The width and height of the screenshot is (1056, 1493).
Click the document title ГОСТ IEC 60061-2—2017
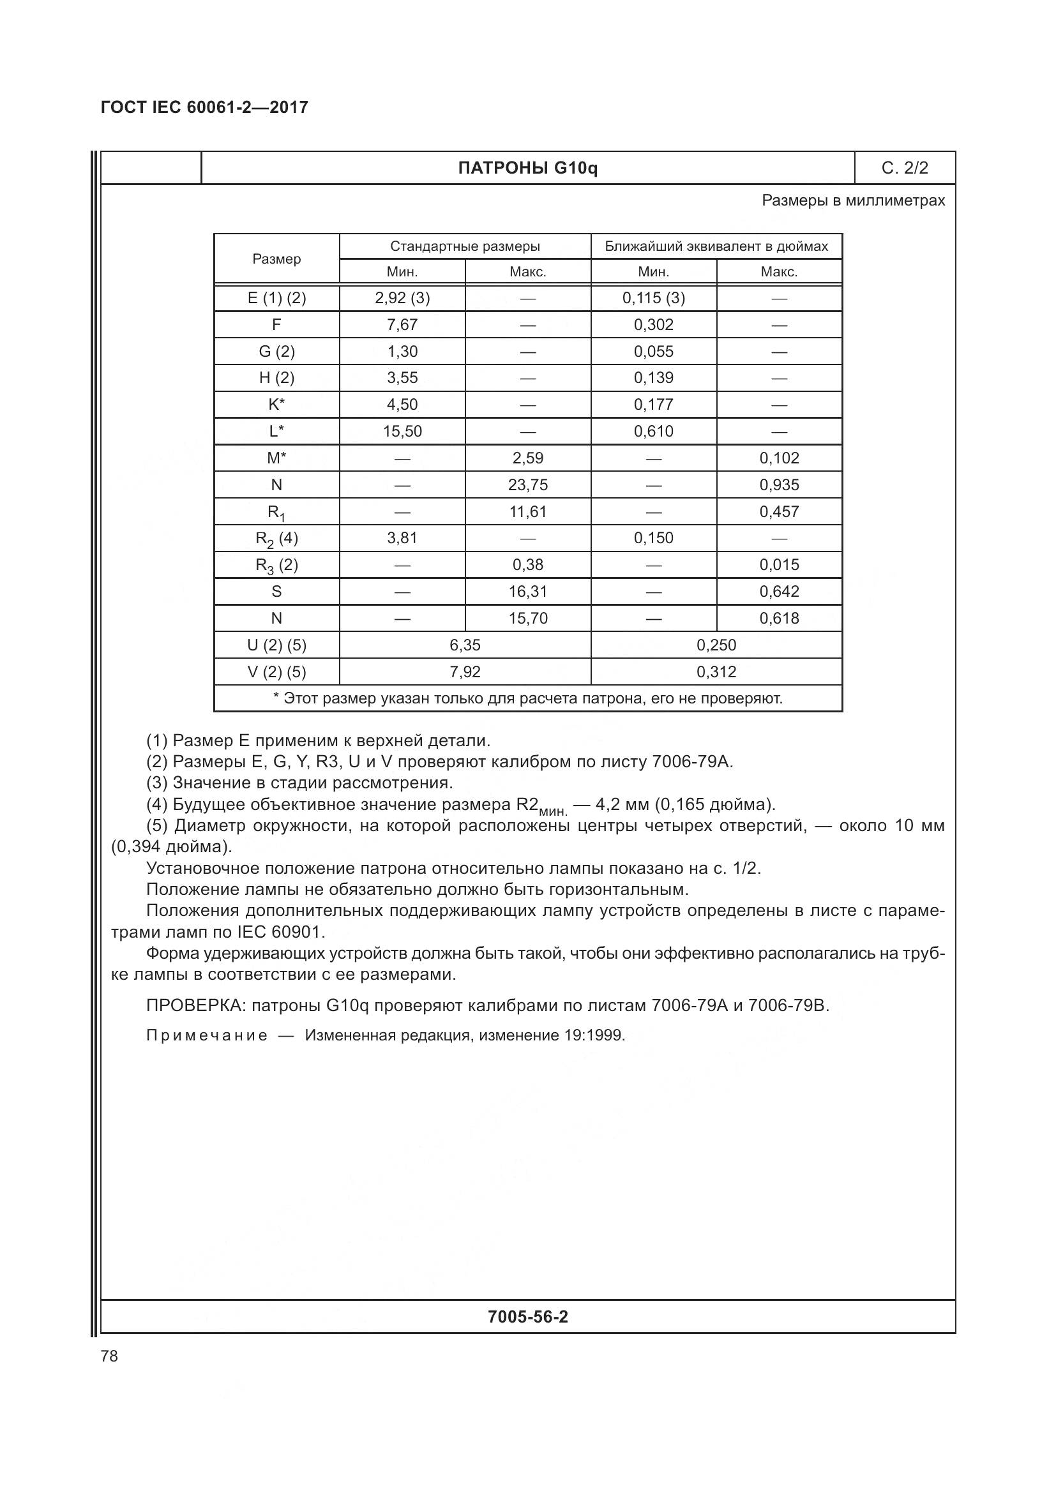coord(204,107)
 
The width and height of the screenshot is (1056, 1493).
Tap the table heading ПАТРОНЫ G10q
coord(527,169)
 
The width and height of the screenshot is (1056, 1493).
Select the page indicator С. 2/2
coord(905,168)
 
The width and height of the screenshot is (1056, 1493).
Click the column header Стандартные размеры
coord(465,246)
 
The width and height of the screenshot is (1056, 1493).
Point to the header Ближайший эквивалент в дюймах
coord(716,246)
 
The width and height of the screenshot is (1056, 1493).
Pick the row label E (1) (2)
coord(276,298)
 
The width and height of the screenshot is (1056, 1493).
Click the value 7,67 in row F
coord(402,324)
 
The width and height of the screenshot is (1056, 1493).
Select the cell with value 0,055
coord(654,352)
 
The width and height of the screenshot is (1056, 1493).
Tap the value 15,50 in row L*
coord(402,431)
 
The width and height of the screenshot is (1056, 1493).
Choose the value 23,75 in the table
coord(527,485)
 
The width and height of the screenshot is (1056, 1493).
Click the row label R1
coord(276,513)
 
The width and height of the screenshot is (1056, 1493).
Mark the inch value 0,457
coord(779,512)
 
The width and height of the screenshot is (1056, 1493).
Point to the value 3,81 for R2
coord(402,537)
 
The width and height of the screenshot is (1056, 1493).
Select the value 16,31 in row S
coord(527,592)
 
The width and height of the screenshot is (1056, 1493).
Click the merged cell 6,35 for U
coord(465,645)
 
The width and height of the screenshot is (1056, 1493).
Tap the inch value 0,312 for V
coord(716,671)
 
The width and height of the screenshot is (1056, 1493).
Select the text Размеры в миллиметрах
coord(853,200)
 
